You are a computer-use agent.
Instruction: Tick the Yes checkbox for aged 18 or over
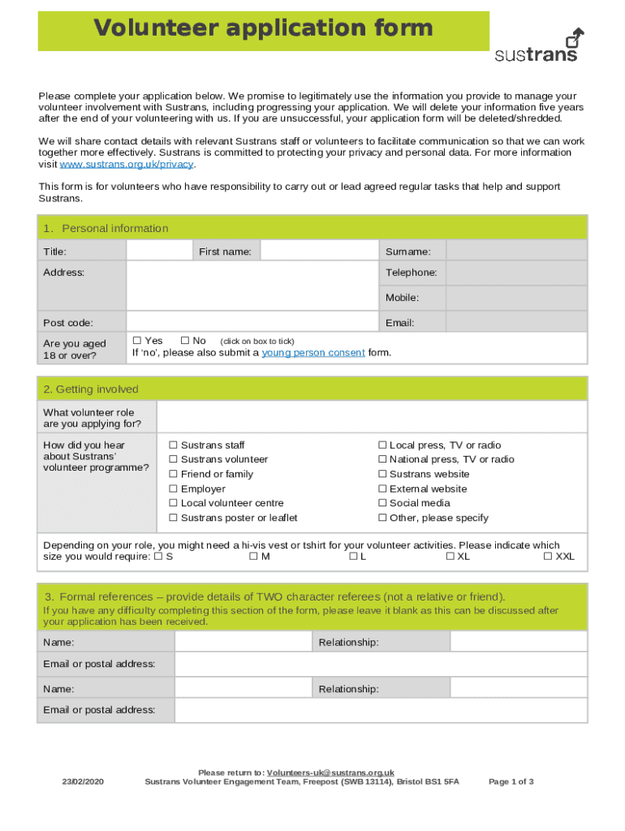point(137,341)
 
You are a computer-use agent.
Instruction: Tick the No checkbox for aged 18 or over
point(185,341)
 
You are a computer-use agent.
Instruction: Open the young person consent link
point(312,353)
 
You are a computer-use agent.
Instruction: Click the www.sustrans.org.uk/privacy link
point(127,164)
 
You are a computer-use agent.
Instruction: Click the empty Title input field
point(159,251)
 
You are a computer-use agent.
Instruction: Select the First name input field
point(319,251)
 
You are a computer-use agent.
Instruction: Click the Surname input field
point(517,251)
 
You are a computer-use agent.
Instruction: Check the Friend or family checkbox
point(173,474)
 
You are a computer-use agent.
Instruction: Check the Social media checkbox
point(382,503)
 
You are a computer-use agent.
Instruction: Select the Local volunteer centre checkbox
point(173,503)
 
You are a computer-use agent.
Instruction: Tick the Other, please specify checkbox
point(382,518)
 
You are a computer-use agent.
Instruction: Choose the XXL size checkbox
point(548,557)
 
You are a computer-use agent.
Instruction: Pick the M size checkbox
point(253,557)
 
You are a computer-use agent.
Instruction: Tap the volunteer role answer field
point(371,417)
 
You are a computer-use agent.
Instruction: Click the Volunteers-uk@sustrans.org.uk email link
point(330,773)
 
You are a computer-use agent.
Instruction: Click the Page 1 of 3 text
point(511,781)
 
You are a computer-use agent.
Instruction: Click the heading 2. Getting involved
point(92,390)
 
